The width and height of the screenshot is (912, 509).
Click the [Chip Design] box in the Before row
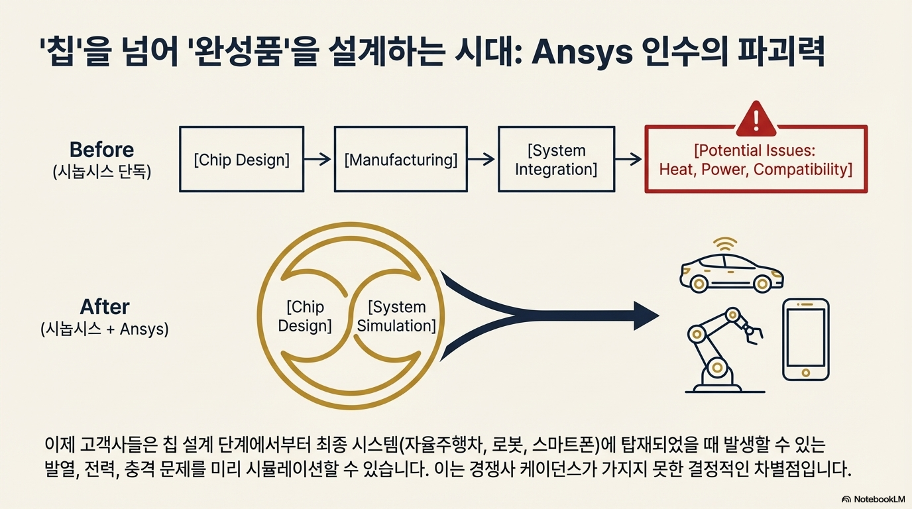point(241,160)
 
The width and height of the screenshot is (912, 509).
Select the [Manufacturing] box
point(400,160)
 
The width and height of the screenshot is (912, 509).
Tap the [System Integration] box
point(555,160)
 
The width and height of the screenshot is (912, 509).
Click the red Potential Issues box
point(756,160)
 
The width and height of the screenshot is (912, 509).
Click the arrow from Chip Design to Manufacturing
point(319,159)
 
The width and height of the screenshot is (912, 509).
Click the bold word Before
point(101,150)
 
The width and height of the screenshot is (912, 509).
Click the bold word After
point(104,307)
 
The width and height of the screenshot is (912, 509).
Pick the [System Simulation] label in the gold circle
point(396,316)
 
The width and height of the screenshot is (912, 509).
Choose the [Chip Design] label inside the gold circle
point(305,316)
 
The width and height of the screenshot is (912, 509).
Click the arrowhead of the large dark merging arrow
point(645,315)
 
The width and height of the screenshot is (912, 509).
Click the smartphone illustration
point(805,339)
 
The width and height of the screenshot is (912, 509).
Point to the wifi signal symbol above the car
point(724,243)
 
